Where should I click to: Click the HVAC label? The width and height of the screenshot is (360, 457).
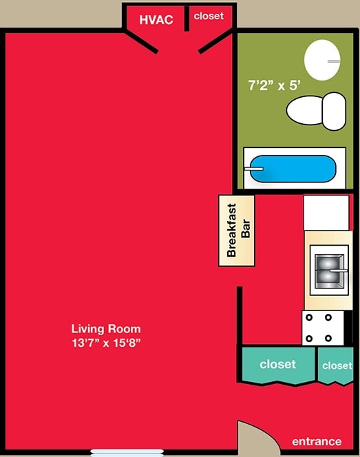coord(156,20)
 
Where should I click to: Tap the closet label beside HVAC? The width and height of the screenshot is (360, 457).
coord(209,16)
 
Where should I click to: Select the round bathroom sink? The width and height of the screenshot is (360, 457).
coord(322,60)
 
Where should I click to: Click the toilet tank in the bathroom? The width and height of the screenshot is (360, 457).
coord(334,111)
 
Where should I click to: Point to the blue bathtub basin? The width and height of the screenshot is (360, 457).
coord(293,169)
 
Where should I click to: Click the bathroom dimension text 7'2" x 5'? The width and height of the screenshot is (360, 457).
coord(274,85)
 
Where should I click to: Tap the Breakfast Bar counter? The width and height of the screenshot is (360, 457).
coord(237,231)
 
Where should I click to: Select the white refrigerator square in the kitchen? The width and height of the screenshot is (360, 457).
coord(326,213)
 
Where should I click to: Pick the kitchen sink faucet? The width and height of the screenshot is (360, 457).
coord(339,270)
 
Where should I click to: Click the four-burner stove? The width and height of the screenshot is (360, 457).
coord(323,328)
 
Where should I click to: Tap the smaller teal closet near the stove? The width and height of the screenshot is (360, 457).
coord(336,365)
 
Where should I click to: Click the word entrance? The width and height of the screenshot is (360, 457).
coord(317,442)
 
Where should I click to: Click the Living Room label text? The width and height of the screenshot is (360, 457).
coord(106,329)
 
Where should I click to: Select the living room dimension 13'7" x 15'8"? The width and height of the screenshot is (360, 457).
coord(106,343)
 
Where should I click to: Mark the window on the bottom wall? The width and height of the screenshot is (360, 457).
coord(127,453)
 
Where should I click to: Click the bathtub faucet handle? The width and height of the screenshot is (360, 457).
coord(254,169)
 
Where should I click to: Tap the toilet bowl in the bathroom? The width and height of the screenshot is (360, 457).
coord(305,111)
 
